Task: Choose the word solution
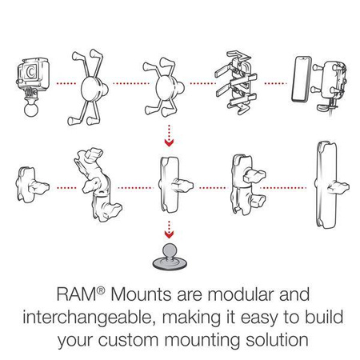274,339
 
